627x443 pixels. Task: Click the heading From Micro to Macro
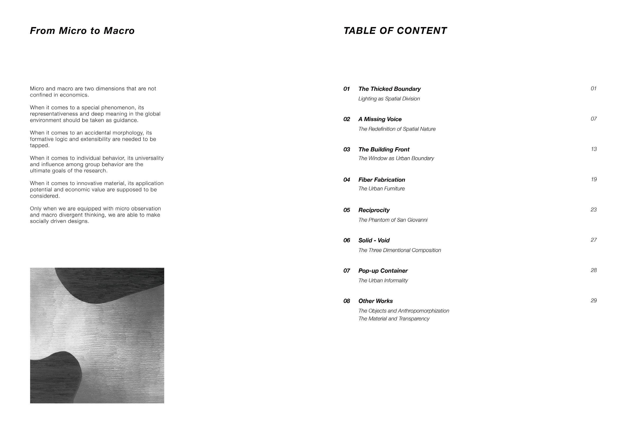(82, 31)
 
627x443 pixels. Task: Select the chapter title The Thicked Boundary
(389, 89)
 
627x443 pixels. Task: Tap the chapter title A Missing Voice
(380, 119)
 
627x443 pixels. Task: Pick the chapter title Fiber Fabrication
(382, 180)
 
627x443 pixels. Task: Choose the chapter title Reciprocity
(374, 210)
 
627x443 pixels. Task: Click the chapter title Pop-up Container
(383, 270)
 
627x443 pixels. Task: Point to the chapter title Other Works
(376, 301)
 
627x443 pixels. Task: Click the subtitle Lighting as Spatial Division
(389, 99)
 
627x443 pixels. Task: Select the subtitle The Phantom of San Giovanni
(393, 220)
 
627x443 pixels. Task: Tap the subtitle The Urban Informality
(383, 280)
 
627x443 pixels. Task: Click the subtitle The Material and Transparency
(394, 319)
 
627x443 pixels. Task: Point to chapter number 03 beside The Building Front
(346, 150)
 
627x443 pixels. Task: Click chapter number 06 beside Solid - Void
(346, 240)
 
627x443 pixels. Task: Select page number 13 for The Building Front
(594, 149)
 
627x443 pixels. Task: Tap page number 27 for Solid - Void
(594, 240)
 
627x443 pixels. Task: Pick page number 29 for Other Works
(594, 300)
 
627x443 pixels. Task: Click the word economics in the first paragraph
(74, 95)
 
